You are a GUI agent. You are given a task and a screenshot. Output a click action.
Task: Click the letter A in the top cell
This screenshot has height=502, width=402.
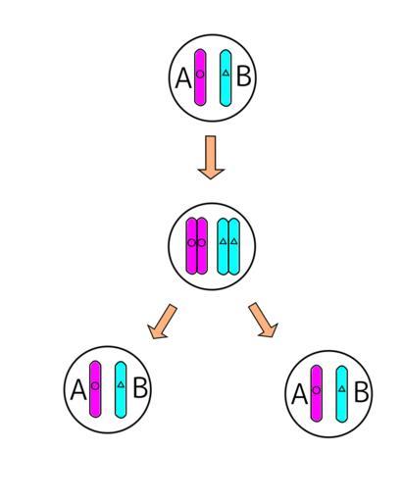(x=183, y=78)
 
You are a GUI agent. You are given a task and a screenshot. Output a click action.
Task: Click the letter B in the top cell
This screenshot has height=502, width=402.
(x=244, y=76)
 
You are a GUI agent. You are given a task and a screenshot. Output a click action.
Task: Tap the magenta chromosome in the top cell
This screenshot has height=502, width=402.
(x=200, y=77)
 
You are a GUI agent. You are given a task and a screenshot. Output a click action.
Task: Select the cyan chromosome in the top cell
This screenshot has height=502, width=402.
(x=226, y=77)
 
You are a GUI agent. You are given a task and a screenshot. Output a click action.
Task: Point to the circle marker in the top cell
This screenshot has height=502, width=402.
(x=200, y=75)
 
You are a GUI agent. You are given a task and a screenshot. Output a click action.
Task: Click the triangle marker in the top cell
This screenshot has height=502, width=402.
(x=226, y=73)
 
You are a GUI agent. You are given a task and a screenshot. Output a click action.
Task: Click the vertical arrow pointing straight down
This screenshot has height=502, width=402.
(x=211, y=157)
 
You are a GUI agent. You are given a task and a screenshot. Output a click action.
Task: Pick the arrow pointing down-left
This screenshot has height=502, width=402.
(x=162, y=322)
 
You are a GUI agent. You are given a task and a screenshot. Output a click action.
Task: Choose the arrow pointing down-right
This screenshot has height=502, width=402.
(x=264, y=320)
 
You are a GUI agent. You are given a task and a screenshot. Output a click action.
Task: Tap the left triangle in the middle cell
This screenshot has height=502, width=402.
(x=223, y=241)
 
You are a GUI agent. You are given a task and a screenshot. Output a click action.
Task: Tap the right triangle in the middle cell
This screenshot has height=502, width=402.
(x=233, y=241)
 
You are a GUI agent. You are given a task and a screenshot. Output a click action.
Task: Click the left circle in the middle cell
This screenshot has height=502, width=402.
(x=192, y=243)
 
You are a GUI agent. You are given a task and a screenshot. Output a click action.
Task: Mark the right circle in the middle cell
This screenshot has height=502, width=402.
(x=202, y=243)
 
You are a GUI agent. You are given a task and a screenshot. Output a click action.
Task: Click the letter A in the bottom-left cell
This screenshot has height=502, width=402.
(x=78, y=390)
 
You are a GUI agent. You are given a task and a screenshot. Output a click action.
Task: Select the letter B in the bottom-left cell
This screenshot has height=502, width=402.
(x=140, y=388)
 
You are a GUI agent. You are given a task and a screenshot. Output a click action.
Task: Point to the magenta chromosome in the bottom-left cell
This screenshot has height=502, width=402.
(x=95, y=389)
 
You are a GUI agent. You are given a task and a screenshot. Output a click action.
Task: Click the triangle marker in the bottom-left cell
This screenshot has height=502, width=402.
(x=121, y=384)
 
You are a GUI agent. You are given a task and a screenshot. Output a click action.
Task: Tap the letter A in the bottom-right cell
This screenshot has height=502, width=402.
(x=300, y=394)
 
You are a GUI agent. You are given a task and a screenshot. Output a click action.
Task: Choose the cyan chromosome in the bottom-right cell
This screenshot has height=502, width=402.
(x=342, y=394)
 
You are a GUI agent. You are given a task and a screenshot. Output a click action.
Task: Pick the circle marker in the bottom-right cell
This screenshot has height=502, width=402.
(x=317, y=390)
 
